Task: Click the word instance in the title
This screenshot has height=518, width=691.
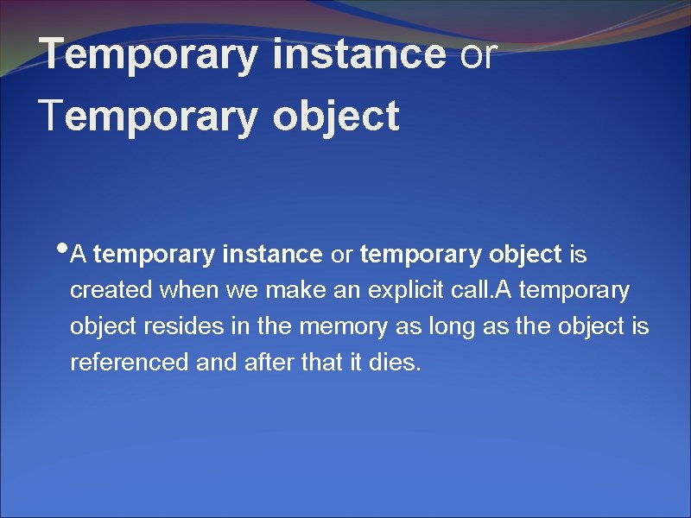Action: coord(358,54)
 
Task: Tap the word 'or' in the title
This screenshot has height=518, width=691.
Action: coord(479,54)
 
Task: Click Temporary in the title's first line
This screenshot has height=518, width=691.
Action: coord(149,54)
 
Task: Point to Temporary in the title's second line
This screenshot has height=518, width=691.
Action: coord(149,116)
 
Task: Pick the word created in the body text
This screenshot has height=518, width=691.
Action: coord(111,291)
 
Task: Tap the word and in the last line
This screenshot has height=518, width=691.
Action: coord(215,363)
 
